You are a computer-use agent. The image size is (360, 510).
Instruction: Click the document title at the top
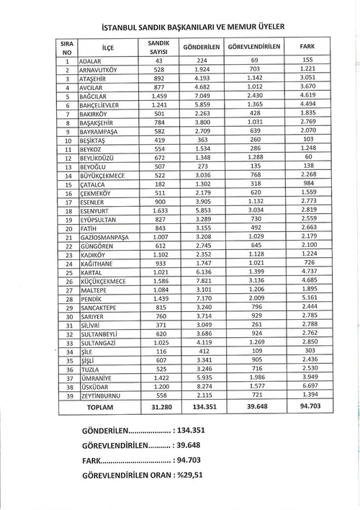click(x=189, y=27)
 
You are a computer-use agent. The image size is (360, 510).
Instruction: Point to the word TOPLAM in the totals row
click(x=99, y=407)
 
